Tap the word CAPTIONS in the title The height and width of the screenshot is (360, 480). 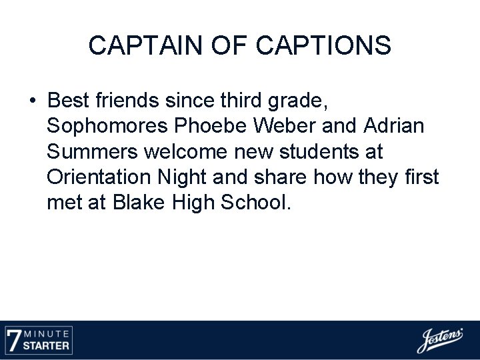point(323,45)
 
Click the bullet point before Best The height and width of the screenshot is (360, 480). point(33,101)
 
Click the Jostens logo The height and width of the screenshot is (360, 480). point(440,340)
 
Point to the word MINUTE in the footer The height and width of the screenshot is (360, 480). point(49,333)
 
